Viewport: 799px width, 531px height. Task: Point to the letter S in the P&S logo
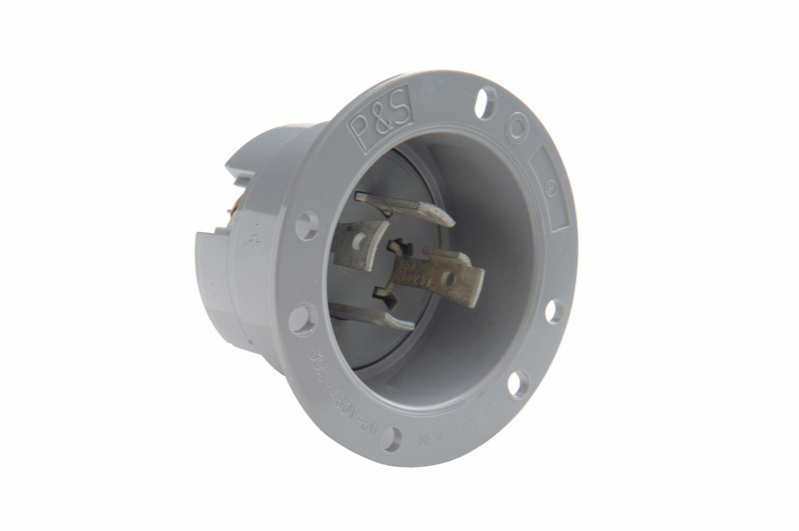tap(400, 113)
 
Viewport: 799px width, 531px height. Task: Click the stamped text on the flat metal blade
tap(421, 267)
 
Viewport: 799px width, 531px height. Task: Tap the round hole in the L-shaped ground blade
tap(358, 242)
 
